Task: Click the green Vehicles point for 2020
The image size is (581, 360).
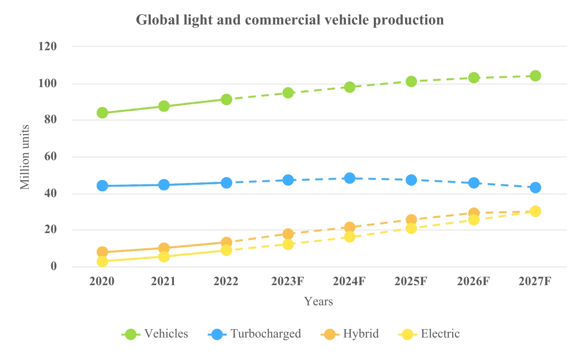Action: [x=102, y=113]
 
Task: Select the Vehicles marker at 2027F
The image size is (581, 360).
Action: [x=536, y=76]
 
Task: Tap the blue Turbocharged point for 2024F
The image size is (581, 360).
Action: [x=350, y=178]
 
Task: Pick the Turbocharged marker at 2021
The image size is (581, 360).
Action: [x=164, y=185]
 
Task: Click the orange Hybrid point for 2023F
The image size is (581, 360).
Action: [x=288, y=234]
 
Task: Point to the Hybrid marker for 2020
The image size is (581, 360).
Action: [x=102, y=252]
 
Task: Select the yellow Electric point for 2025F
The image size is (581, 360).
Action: [x=411, y=228]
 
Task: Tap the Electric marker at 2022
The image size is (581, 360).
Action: [x=226, y=250]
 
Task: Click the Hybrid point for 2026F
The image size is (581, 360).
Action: [x=473, y=213]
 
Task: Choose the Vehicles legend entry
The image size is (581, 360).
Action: [x=155, y=334]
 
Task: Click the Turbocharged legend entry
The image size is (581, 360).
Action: [x=254, y=334]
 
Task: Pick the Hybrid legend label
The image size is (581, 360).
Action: [x=361, y=334]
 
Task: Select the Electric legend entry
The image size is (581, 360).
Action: [x=429, y=334]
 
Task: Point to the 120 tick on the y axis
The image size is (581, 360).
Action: [x=47, y=46]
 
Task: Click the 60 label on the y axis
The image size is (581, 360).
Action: [x=51, y=156]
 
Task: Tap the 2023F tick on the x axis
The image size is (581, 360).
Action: [x=288, y=281]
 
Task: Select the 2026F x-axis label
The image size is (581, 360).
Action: [x=473, y=281]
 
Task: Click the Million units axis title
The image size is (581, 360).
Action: [x=25, y=157]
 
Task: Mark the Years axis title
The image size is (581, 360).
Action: [x=318, y=301]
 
